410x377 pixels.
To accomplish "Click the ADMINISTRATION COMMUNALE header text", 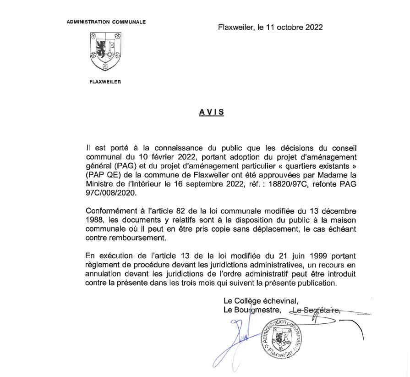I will click(106, 22).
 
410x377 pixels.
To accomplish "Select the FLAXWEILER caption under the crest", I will click(106, 83).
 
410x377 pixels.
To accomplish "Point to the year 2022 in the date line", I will click(314, 27).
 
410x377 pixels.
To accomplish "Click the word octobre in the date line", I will click(284, 27).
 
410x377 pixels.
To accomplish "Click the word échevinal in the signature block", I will click(279, 301).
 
